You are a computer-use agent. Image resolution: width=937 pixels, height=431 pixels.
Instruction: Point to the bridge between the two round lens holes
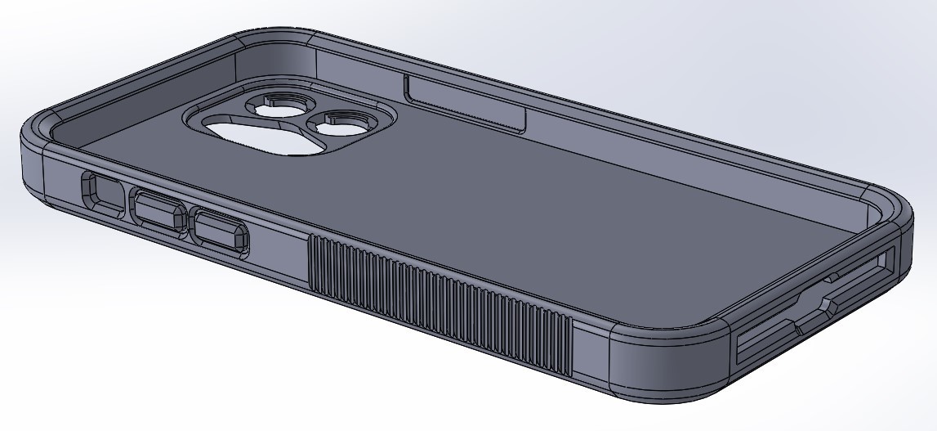(315, 114)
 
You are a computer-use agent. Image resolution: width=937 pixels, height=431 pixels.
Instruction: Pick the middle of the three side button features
(158, 211)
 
